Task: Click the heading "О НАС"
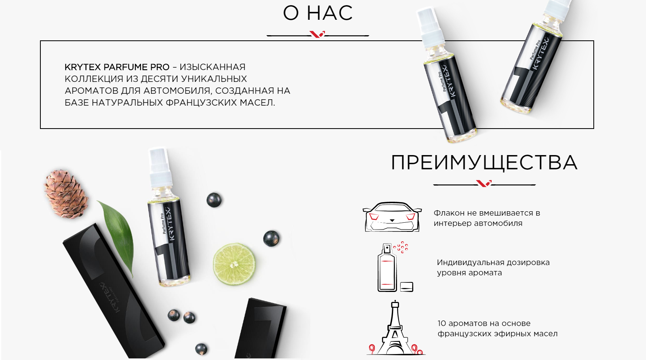318,13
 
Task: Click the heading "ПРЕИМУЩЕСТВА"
484,163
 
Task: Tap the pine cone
66,193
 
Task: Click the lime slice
234,264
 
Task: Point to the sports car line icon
392,217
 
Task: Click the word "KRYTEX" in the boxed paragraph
82,67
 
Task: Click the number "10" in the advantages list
442,323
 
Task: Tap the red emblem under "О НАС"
317,34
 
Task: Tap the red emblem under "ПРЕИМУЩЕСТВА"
484,183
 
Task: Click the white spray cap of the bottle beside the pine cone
160,167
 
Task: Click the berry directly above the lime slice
214,200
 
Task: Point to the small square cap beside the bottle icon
407,287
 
